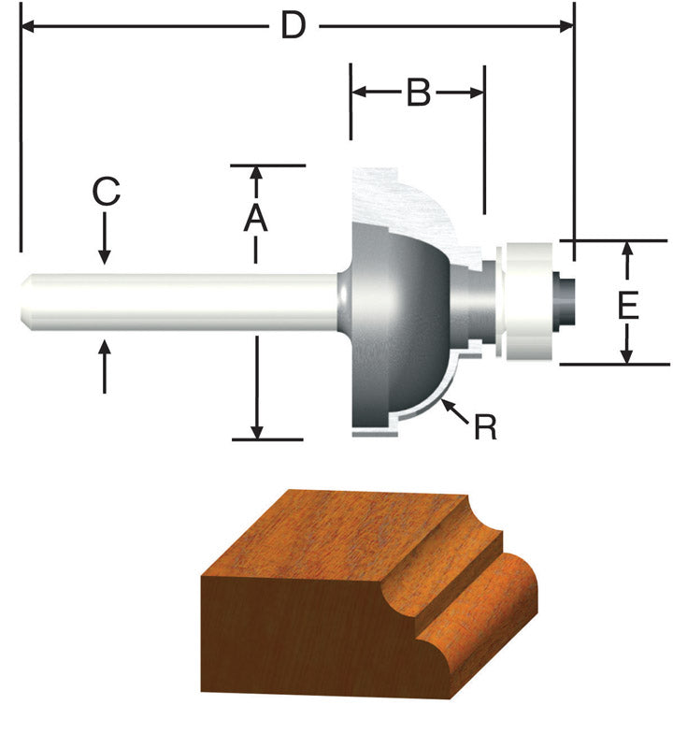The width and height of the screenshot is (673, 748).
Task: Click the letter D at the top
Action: (294, 26)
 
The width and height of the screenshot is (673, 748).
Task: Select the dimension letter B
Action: (417, 93)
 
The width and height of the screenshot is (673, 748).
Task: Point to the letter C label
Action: (106, 192)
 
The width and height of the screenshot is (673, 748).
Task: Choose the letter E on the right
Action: (628, 306)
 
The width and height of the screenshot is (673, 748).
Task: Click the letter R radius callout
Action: (485, 427)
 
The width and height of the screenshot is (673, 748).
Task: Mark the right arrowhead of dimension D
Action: (566, 27)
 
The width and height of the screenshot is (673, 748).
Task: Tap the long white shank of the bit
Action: (187, 301)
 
